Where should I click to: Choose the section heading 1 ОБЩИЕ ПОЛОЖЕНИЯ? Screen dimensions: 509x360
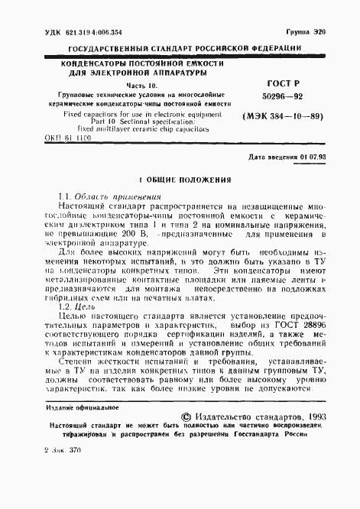[x=180, y=181]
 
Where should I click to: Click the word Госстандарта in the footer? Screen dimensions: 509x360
[x=259, y=436]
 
